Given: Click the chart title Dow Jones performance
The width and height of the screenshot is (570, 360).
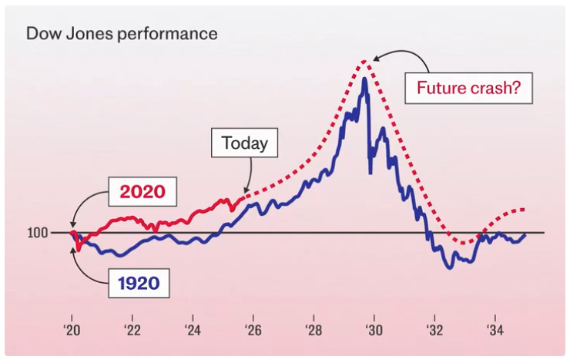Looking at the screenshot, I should coord(122,35).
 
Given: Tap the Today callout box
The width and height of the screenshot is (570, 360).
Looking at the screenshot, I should coord(244,143).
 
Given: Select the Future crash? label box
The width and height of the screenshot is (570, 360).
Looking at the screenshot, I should coord(469,88).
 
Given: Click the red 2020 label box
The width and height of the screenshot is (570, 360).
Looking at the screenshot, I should coord(142,191).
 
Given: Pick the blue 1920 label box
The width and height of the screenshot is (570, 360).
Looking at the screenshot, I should coord(139,283).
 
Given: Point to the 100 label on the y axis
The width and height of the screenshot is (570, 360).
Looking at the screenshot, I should coord(39,233).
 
